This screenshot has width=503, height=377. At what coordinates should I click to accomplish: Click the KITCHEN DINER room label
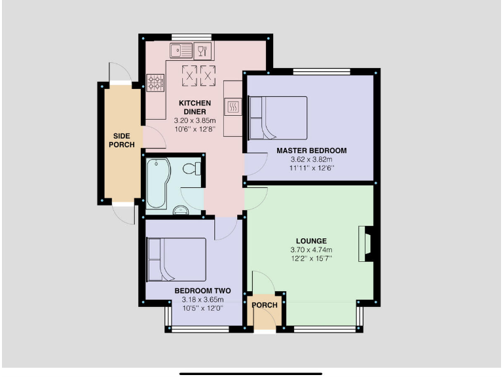195,107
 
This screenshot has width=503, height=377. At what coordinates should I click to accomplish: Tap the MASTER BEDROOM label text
311,151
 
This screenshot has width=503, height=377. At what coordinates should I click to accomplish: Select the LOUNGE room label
311,241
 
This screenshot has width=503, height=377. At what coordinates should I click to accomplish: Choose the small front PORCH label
265,305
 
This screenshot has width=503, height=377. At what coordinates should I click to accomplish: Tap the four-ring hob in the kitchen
155,82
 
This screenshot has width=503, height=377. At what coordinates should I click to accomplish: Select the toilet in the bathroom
193,169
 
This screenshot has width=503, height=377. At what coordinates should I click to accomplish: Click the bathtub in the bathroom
158,185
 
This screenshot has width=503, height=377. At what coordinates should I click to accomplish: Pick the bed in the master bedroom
278,118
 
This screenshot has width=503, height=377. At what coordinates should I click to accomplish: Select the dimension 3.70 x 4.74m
311,249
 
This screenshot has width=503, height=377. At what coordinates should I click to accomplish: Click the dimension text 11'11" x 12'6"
311,168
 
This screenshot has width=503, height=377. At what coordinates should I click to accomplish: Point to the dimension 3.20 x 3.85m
195,121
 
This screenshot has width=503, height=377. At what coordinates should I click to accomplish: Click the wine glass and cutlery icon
204,50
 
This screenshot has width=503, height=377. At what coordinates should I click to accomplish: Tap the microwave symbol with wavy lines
233,106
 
